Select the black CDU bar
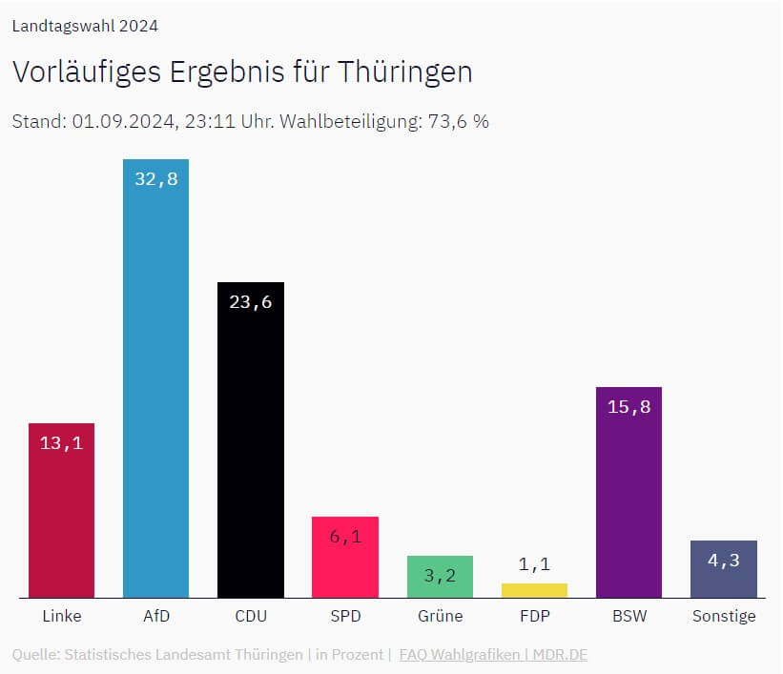tap(250, 448)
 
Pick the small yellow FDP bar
tap(534, 590)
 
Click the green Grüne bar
tap(440, 582)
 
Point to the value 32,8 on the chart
tap(155, 178)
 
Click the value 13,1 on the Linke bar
tap(61, 442)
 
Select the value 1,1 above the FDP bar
tap(534, 564)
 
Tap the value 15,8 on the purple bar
tap(628, 406)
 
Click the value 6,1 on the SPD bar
tap(345, 536)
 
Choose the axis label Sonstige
tap(723, 616)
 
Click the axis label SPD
tap(345, 616)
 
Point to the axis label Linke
tap(61, 616)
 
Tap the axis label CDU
tap(250, 616)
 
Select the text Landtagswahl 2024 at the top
tap(85, 26)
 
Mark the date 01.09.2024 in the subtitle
tap(124, 122)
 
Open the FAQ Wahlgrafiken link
tap(459, 655)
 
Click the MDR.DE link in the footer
tap(560, 655)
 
